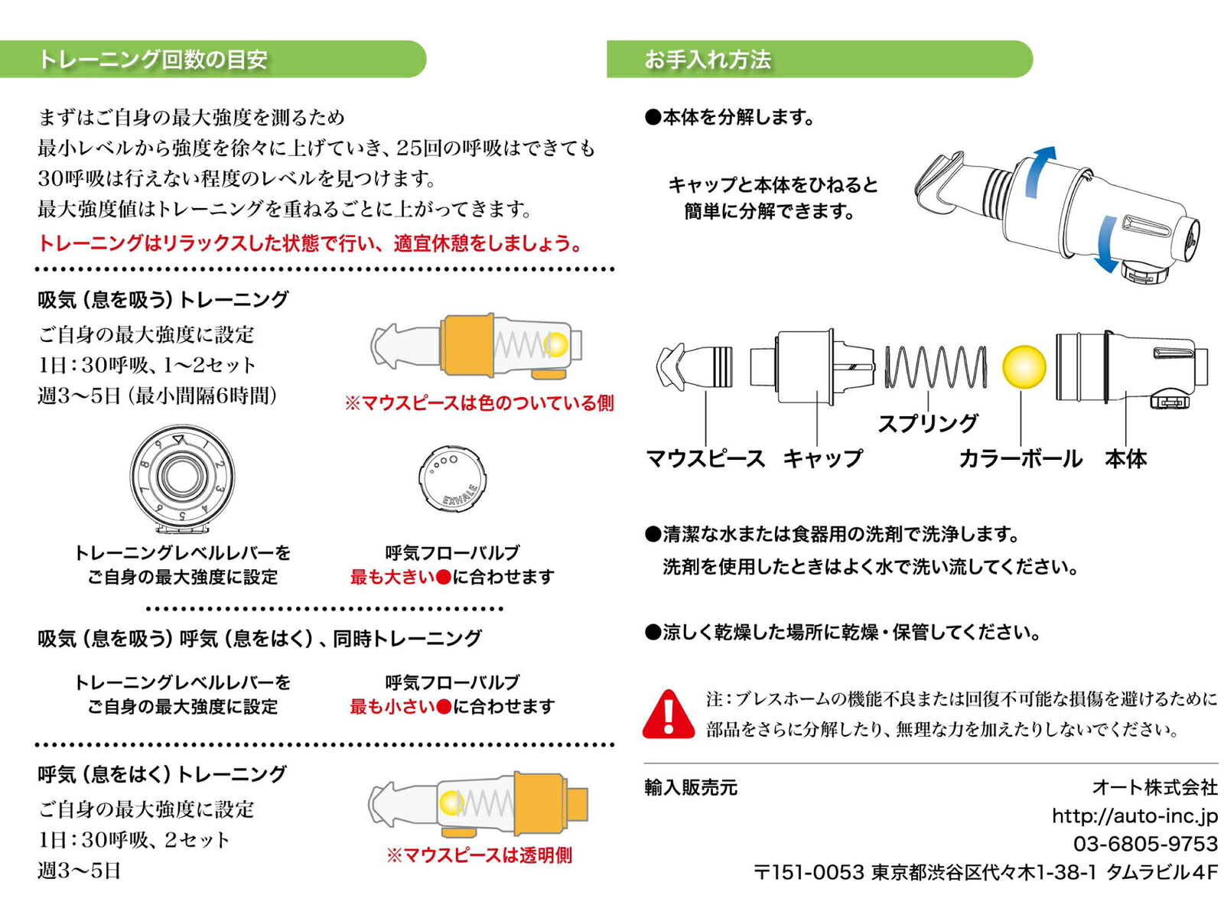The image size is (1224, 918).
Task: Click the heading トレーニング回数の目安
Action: point(153,60)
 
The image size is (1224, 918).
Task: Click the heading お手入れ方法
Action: point(708,60)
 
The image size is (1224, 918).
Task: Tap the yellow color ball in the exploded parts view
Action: point(1024,367)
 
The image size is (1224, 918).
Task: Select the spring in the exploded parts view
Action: point(935,367)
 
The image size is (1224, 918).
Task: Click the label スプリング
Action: point(927,423)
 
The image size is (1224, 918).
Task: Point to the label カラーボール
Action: point(1021,459)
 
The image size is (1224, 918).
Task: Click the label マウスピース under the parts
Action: point(705,459)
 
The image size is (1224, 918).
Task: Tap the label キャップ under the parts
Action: point(822,459)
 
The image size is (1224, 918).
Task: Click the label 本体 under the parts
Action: point(1125,459)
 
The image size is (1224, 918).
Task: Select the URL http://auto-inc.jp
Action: point(1134,816)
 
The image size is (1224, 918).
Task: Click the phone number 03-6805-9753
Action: point(1144,844)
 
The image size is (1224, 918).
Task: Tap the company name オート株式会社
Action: point(1154,787)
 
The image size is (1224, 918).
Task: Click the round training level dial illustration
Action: point(182,477)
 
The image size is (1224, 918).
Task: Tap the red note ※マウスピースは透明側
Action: point(479,855)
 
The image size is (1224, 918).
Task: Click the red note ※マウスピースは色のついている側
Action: point(479,403)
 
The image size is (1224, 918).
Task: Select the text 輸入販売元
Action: point(691,788)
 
